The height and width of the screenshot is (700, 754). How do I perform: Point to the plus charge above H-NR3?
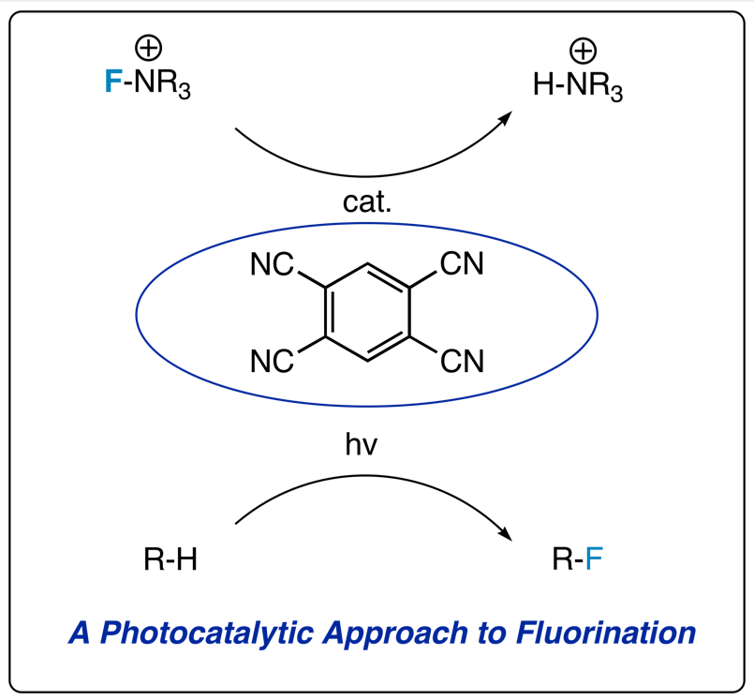pos(583,49)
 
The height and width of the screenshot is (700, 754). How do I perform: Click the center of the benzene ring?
pos(367,313)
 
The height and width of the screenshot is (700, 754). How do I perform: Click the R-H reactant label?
pos(170,560)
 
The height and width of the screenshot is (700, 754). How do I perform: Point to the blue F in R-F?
pos(595,560)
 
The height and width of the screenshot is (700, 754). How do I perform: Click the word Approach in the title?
pos(402,633)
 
